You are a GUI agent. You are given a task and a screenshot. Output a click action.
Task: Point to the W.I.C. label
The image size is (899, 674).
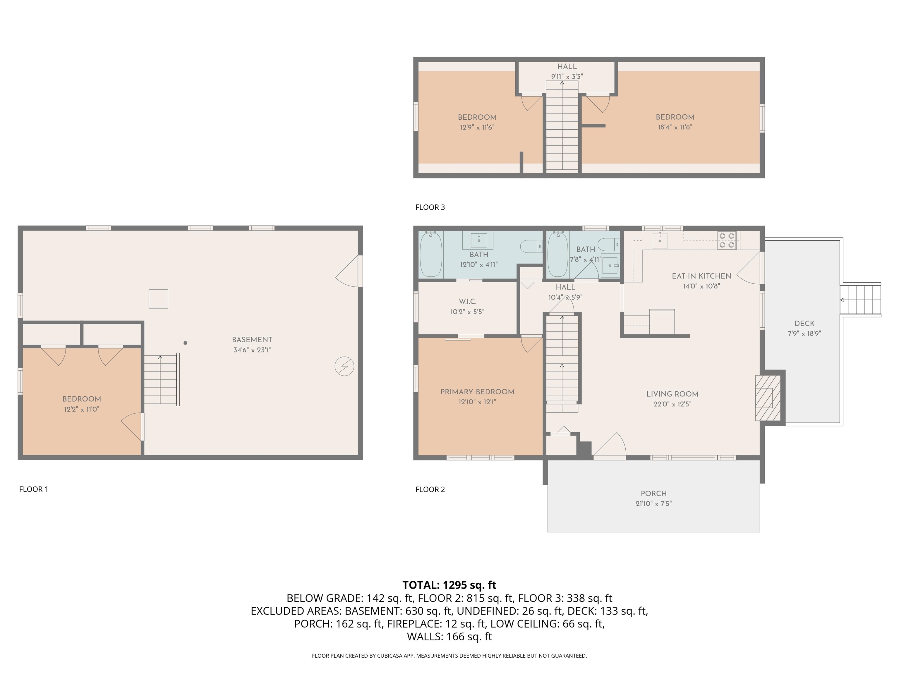pos(467,301)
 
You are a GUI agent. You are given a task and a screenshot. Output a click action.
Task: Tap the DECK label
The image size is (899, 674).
pos(804,323)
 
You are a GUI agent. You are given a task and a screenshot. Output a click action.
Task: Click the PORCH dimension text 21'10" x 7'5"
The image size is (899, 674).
pos(653,504)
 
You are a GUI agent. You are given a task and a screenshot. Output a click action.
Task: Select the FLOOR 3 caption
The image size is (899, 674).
pos(430,207)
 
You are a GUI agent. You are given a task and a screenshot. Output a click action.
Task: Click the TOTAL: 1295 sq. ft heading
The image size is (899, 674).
pos(449,585)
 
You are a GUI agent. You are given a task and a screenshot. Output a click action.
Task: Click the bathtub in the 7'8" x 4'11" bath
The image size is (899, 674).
pos(557,254)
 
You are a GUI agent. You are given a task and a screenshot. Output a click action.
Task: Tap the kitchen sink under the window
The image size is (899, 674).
pos(660,240)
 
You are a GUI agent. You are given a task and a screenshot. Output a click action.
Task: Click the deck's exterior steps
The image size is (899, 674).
pos(860,300)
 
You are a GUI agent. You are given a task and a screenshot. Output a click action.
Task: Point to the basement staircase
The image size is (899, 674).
pos(161,379)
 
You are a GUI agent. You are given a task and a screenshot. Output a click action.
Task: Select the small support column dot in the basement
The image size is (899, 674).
pos(185,343)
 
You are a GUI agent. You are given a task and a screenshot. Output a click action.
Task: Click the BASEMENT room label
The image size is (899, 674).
pos(252,340)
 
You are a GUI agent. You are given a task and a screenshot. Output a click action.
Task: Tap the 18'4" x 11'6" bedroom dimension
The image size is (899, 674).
pos(675,127)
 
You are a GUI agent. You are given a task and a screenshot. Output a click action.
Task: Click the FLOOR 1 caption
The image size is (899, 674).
pos(33,489)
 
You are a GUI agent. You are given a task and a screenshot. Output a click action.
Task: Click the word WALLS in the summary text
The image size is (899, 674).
pos(425,637)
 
